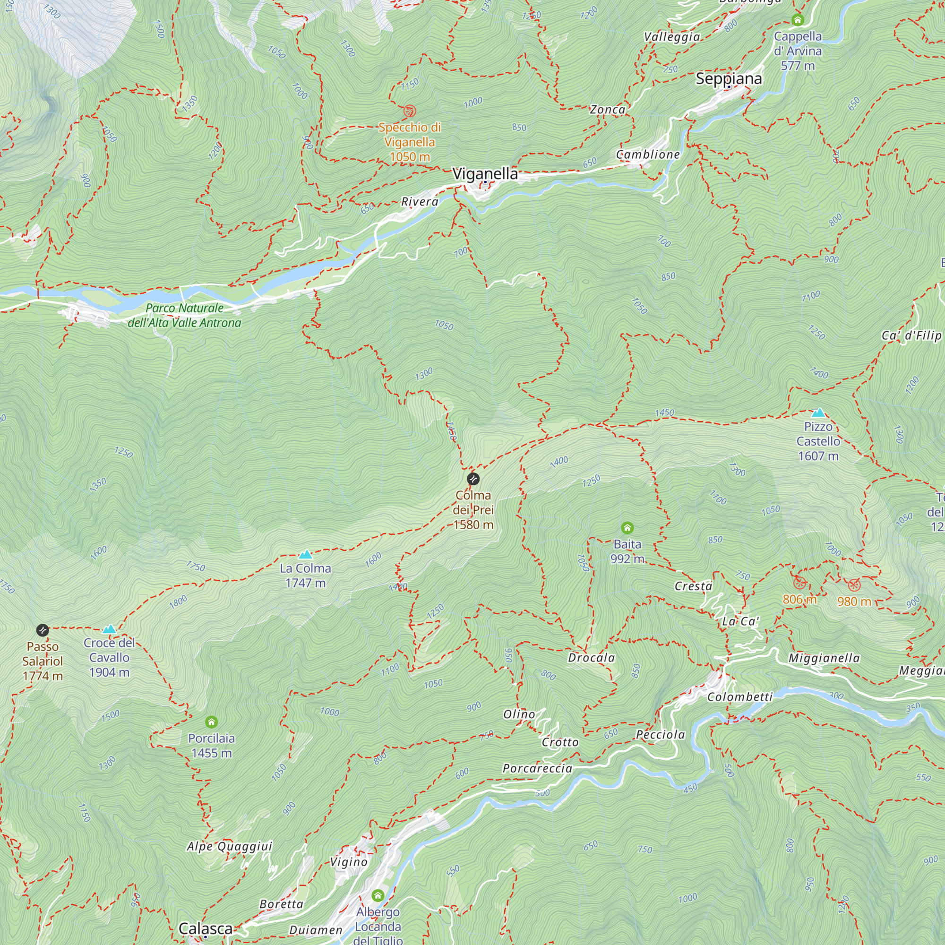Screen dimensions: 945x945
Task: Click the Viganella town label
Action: coord(485,173)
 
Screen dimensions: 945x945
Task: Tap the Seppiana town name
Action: coord(728,78)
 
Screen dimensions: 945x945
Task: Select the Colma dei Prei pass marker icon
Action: coord(473,478)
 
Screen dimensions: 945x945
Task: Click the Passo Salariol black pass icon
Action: coord(43,630)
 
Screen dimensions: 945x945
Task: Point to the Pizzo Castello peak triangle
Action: coord(818,413)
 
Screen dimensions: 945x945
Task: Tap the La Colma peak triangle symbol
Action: coord(305,555)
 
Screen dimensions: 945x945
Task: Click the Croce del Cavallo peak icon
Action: coord(109,629)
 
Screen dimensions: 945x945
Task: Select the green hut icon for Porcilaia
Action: coord(211,722)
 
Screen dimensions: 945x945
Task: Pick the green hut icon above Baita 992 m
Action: coord(627,528)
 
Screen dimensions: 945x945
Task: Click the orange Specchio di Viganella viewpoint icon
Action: coord(409,112)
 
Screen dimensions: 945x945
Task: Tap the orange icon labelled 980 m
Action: coord(853,585)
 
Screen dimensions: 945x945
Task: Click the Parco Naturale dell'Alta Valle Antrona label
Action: coord(184,316)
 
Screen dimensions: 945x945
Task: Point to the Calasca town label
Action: coord(206,928)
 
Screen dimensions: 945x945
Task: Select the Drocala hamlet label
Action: coord(592,658)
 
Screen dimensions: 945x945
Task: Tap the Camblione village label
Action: coord(648,155)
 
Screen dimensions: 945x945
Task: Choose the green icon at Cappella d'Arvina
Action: coord(798,20)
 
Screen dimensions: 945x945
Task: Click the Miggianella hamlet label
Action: coord(824,658)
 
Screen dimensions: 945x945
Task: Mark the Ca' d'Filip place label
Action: coord(911,335)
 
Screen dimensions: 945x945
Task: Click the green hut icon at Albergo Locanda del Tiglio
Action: coord(378,895)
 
